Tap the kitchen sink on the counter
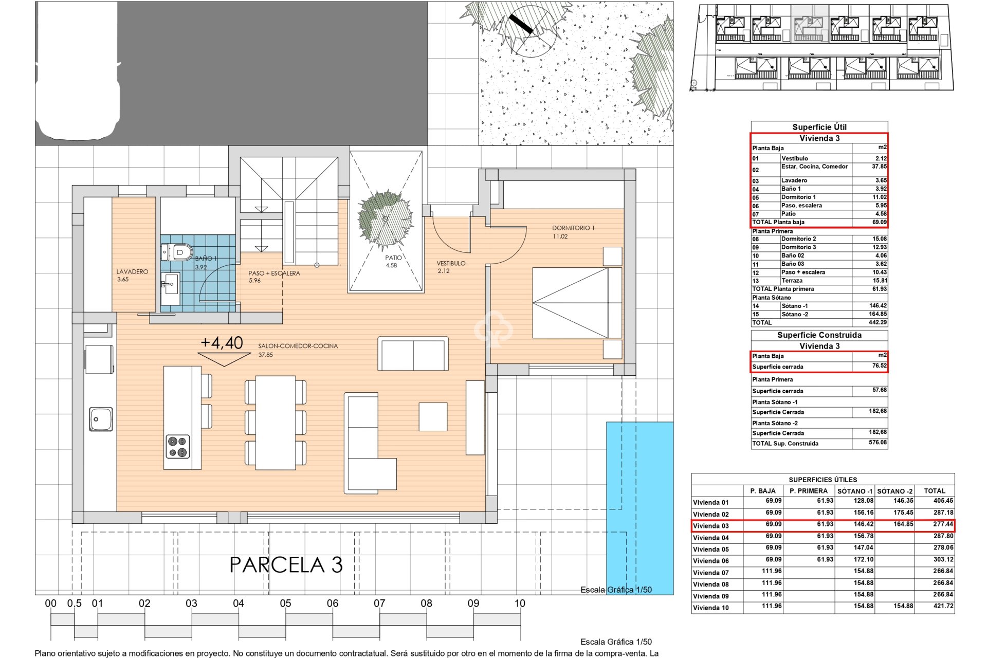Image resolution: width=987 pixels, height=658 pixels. (x=101, y=418)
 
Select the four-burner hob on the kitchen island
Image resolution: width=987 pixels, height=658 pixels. (x=177, y=446)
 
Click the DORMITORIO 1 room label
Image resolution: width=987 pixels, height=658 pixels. (x=573, y=228)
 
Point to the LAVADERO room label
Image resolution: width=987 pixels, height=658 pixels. (x=132, y=271)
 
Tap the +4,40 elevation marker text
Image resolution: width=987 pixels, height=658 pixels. (x=222, y=343)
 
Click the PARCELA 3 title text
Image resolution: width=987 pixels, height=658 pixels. (x=286, y=565)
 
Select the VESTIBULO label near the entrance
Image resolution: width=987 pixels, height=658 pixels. (x=451, y=263)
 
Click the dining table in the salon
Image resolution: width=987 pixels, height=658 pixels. (x=276, y=423)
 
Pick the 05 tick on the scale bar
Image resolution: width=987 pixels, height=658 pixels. (x=285, y=604)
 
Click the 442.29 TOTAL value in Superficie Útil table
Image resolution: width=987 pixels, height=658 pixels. (x=877, y=322)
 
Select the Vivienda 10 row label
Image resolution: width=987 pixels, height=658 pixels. (x=710, y=608)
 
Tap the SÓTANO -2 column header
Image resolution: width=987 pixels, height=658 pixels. (x=895, y=491)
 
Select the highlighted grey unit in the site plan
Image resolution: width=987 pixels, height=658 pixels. (x=809, y=24)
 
